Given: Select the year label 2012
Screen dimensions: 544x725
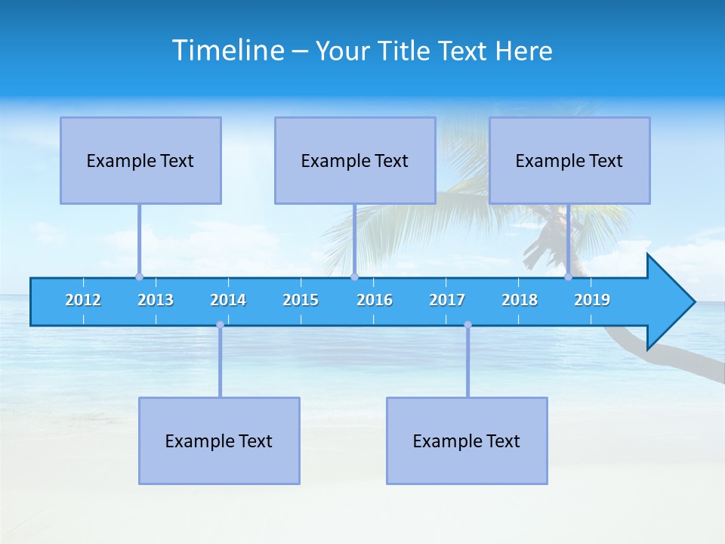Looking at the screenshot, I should point(83,300).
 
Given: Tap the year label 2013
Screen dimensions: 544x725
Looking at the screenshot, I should point(156,300).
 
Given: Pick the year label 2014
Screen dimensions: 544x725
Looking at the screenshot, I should point(228,300).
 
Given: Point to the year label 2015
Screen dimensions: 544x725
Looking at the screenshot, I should point(301,300).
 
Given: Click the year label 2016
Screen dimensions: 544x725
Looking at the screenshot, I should point(375,300).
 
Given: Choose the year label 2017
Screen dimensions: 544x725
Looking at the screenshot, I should point(447,300).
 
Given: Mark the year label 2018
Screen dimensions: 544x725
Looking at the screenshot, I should point(520,300).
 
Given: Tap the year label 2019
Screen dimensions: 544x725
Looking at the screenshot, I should point(592,300).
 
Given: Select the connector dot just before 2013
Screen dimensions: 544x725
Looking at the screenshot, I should point(139,277).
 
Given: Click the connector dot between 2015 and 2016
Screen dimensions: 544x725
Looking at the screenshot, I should point(354,277).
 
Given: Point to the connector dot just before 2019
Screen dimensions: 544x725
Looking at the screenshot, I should point(569,277).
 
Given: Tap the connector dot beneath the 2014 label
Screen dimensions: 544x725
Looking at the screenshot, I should point(220,325).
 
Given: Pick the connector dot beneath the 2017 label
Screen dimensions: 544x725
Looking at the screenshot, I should point(467,325).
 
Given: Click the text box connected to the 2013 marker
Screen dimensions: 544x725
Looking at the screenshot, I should point(140,160).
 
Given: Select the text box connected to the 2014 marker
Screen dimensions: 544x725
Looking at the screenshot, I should point(219,440).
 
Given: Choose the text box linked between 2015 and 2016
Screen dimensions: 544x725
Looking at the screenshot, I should point(355,160).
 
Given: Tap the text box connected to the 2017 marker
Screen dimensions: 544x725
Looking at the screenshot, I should point(467,440).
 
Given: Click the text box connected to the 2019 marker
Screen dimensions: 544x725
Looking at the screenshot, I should point(569,160).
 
